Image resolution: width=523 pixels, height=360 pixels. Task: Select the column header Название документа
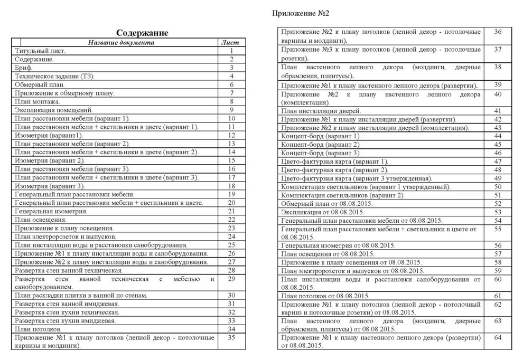[121, 42]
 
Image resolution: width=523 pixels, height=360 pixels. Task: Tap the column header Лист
[231, 42]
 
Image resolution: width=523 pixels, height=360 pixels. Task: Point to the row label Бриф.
[24, 68]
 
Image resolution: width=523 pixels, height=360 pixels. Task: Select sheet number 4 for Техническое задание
[231, 77]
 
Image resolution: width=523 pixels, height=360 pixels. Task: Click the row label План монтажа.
[38, 101]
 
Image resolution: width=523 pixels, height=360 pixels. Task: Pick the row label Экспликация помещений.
[54, 110]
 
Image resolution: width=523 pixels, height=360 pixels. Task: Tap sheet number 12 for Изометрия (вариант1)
[231, 135]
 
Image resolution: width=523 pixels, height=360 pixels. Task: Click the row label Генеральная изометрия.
[51, 211]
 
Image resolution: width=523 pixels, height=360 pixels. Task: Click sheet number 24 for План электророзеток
[231, 236]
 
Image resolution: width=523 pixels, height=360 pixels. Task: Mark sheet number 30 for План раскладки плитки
[231, 295]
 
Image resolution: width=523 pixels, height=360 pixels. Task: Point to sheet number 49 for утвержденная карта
[497, 178]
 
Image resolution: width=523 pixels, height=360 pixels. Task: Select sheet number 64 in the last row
[497, 337]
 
